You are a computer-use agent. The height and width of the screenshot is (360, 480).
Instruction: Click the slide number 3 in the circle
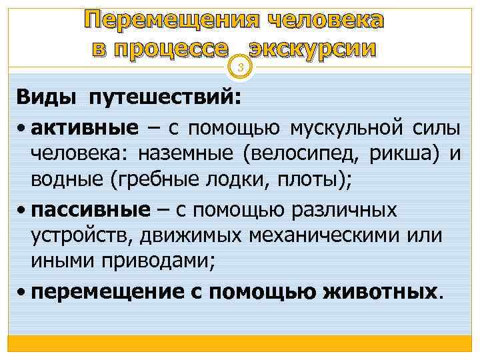(241, 65)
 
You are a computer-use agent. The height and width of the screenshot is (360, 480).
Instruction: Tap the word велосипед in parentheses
(302, 155)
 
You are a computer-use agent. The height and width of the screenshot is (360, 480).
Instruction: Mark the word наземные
(186, 155)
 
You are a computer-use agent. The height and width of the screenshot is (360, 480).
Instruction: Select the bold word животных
(381, 291)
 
